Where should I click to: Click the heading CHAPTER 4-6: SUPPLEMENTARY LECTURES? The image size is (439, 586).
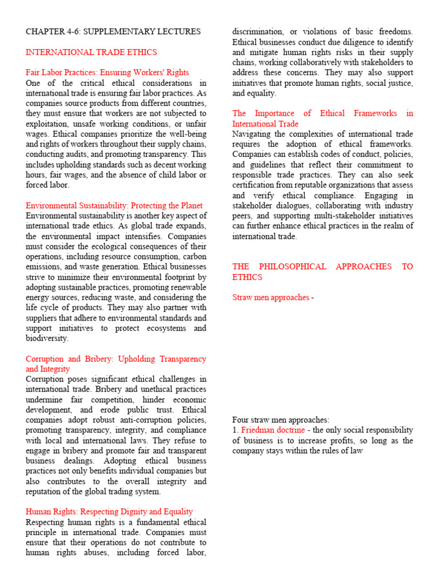pyautogui.click(x=113, y=31)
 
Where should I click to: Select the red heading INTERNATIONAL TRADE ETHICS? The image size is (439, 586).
pyautogui.click(x=91, y=52)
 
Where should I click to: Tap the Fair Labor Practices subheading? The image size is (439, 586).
pyautogui.click(x=107, y=73)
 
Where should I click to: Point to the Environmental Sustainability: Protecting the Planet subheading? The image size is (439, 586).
pyautogui.click(x=114, y=205)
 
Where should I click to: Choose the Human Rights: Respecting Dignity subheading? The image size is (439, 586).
pyautogui.click(x=109, y=512)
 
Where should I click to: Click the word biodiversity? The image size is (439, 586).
pyautogui.click(x=47, y=338)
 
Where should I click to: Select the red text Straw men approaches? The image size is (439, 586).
pyautogui.click(x=270, y=298)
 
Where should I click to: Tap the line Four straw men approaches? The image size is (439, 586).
pyautogui.click(x=281, y=419)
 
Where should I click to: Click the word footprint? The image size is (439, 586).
pyautogui.click(x=172, y=277)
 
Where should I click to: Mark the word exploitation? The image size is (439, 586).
pyautogui.click(x=49, y=124)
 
